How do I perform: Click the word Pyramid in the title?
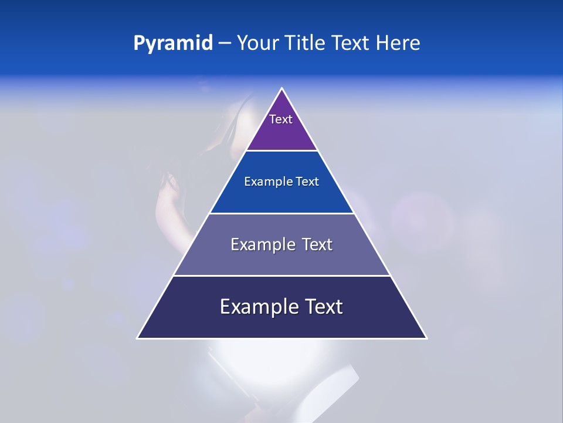point(173,43)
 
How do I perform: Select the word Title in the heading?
point(306,43)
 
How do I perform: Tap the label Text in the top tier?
point(281,119)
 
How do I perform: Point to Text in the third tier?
point(318,244)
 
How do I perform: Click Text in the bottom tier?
point(324,307)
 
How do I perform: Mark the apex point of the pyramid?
point(282,89)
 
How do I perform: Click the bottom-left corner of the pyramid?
point(138,338)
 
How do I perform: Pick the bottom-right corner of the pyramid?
point(426,338)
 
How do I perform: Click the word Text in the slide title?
point(351,43)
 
